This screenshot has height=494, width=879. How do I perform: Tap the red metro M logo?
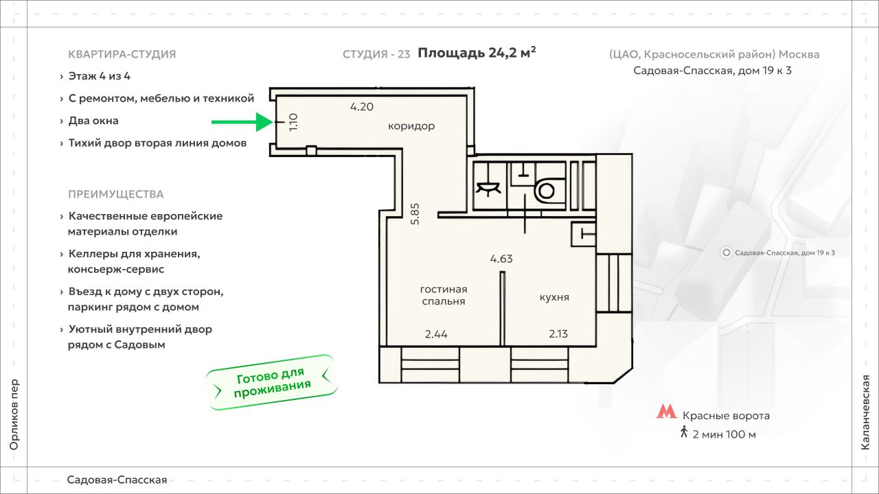pyautogui.click(x=665, y=412)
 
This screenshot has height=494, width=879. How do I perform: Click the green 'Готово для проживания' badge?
pyautogui.click(x=273, y=383)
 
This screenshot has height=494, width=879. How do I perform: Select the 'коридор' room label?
pyautogui.click(x=411, y=126)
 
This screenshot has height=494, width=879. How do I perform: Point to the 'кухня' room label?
pyautogui.click(x=554, y=298)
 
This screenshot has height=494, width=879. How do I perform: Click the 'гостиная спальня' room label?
pyautogui.click(x=444, y=295)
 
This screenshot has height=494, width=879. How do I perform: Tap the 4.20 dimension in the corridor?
pyautogui.click(x=361, y=107)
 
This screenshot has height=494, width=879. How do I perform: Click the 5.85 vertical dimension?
pyautogui.click(x=415, y=213)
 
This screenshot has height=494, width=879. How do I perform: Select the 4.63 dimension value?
pyautogui.click(x=501, y=259)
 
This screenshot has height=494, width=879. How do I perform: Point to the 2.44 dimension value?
pyautogui.click(x=436, y=335)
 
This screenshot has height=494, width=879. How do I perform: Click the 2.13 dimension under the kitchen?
pyautogui.click(x=560, y=335)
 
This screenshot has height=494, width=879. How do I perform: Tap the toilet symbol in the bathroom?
pyautogui.click(x=546, y=189)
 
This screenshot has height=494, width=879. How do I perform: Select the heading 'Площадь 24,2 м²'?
pyautogui.click(x=477, y=53)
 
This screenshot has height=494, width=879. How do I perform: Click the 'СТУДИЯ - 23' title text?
pyautogui.click(x=376, y=54)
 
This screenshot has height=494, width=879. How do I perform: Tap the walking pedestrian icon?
pyautogui.click(x=684, y=433)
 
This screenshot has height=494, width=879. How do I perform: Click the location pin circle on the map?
pyautogui.click(x=727, y=252)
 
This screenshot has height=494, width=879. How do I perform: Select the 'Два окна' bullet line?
pyautogui.click(x=93, y=121)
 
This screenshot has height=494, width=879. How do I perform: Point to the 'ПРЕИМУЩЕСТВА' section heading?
pyautogui.click(x=116, y=194)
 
